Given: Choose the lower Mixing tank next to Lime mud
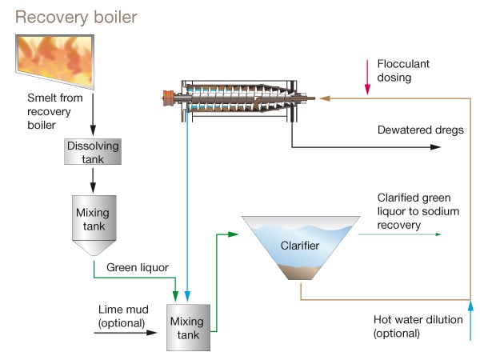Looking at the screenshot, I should [188, 327].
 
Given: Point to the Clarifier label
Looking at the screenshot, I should [300, 245].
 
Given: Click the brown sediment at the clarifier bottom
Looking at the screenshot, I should [301, 274].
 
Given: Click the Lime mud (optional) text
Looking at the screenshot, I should [122, 315].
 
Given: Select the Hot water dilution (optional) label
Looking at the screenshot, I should [418, 326].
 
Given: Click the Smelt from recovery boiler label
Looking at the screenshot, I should [50, 109].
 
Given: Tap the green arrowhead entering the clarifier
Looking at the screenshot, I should [236, 234].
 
